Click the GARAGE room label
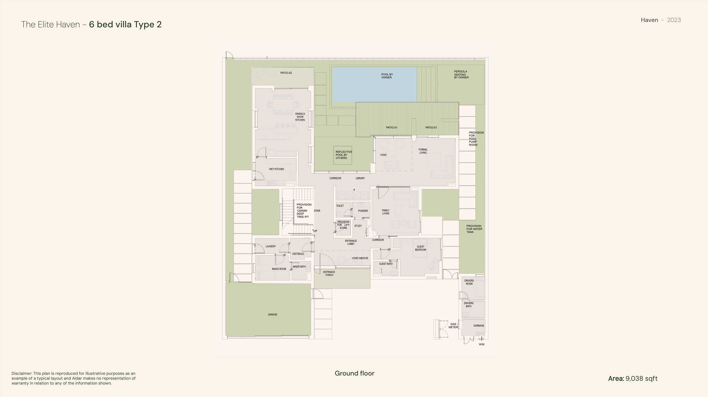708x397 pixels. click(x=272, y=314)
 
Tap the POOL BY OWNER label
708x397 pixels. click(x=387, y=76)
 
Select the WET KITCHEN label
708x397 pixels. click(x=276, y=169)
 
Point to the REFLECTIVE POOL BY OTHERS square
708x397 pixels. click(x=343, y=155)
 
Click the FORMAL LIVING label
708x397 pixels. click(x=423, y=151)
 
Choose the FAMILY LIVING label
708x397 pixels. click(x=386, y=212)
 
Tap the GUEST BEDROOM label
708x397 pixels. click(x=421, y=248)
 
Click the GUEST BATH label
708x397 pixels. click(x=386, y=264)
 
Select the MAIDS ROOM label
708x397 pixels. click(x=279, y=269)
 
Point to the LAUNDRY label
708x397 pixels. click(x=271, y=246)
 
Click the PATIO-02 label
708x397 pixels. click(x=286, y=73)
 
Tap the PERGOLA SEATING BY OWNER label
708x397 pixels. click(x=461, y=75)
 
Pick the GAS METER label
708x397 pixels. click(x=453, y=326)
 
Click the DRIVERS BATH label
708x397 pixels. click(x=469, y=305)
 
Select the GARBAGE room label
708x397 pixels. click(x=479, y=326)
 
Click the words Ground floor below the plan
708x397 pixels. click(x=355, y=373)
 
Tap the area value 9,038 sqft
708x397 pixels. click(x=641, y=379)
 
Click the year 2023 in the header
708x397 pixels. click(x=674, y=20)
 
